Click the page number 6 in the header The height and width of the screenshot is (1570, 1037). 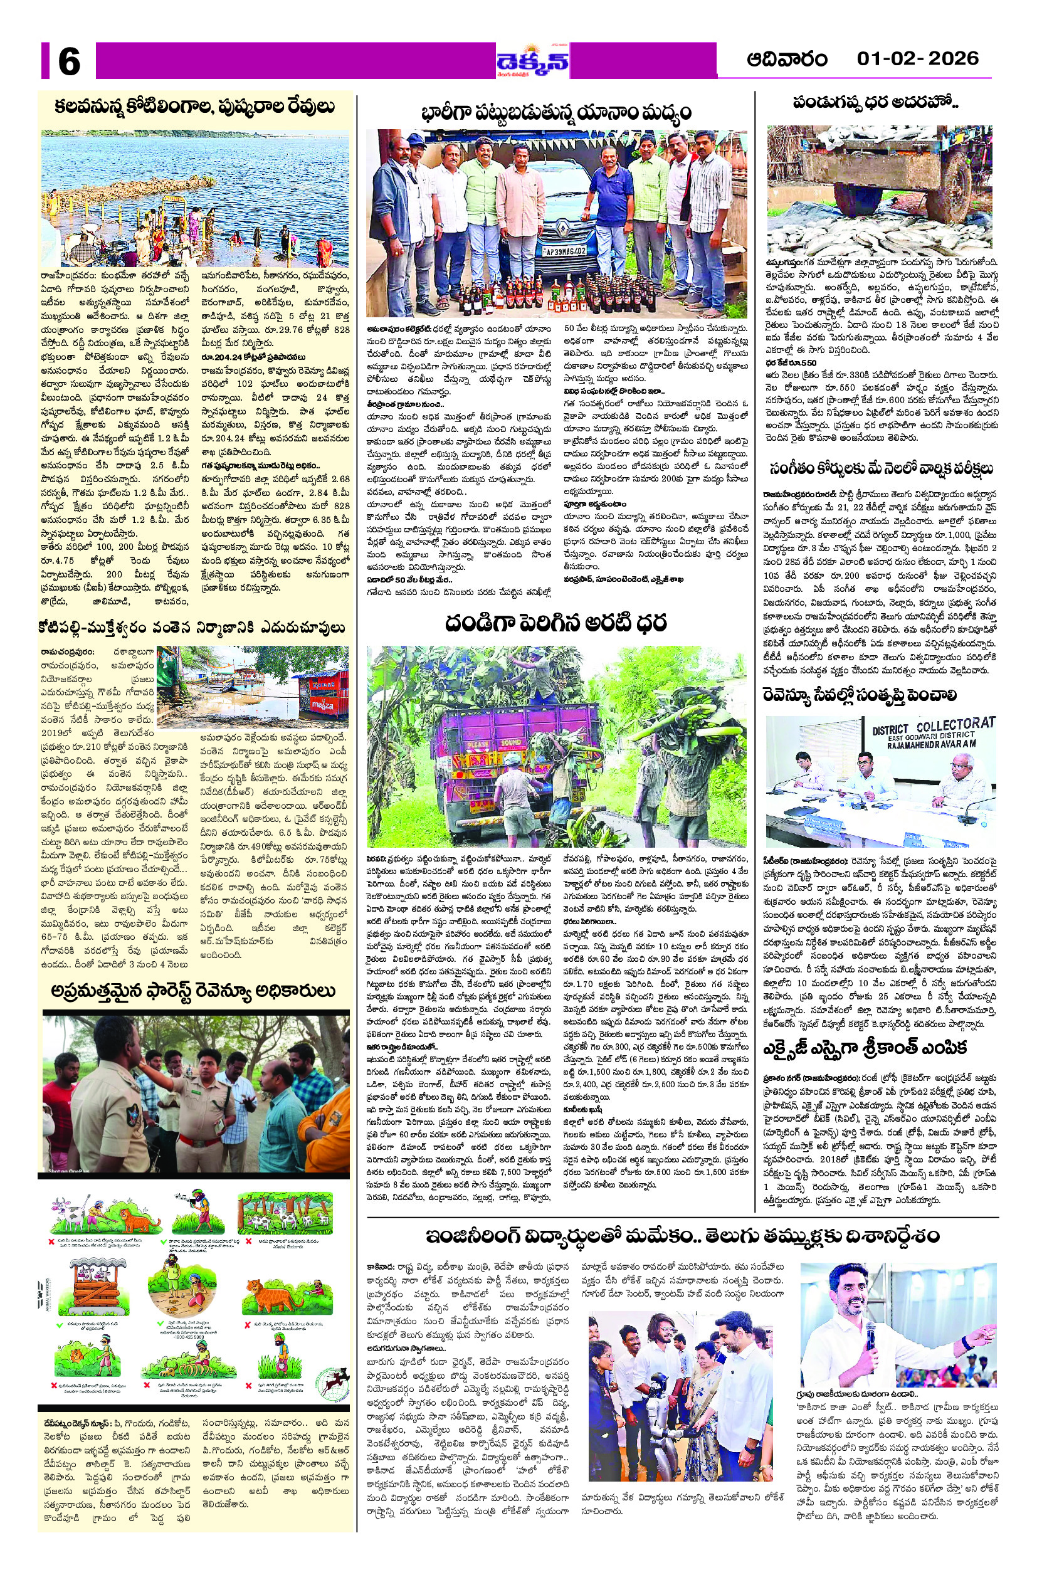point(69,61)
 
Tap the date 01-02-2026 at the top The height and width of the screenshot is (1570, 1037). point(917,59)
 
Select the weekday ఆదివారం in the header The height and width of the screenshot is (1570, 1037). point(787,60)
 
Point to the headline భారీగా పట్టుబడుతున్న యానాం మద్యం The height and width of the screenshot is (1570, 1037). point(555,112)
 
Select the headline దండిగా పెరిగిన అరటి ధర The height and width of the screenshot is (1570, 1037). point(555,623)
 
